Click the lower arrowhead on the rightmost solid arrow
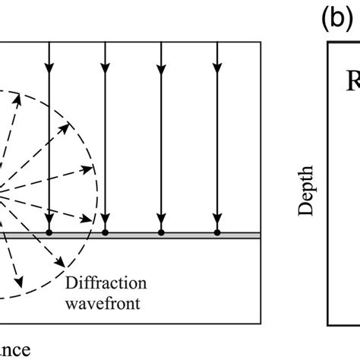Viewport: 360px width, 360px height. (217, 220)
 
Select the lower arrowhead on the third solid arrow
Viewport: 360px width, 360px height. (160, 220)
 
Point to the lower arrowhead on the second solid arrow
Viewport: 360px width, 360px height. (105, 220)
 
